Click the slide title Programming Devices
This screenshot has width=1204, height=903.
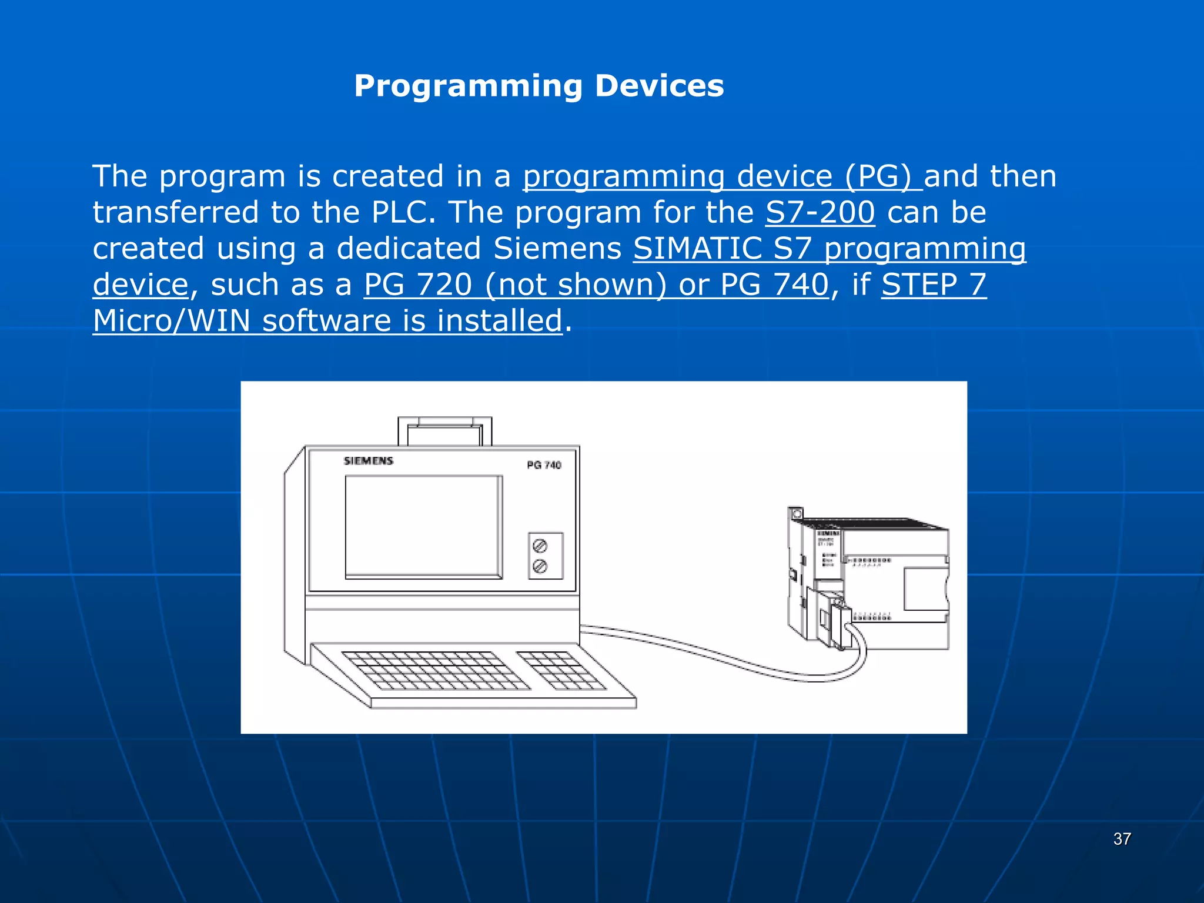539,86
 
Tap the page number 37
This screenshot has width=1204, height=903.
1122,839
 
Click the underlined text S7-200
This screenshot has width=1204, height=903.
820,212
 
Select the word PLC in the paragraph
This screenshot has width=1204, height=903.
403,212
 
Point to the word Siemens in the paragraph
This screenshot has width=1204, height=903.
557,249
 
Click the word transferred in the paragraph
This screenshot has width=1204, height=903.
175,212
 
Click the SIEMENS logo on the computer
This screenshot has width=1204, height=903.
368,461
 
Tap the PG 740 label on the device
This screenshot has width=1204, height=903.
544,465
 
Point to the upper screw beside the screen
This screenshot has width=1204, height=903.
540,546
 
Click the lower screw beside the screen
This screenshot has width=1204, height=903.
540,566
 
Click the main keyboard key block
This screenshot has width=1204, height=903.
435,670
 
